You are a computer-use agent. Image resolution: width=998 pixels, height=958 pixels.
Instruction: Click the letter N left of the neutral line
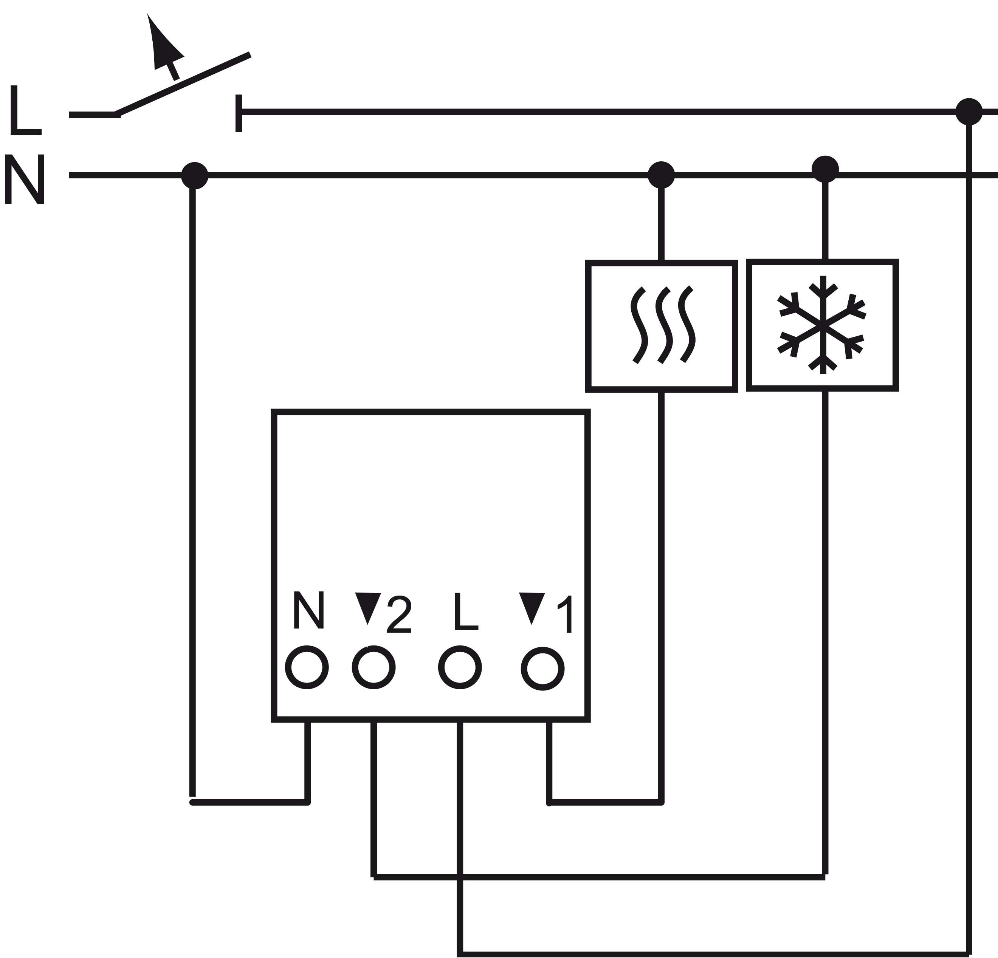pos(25,179)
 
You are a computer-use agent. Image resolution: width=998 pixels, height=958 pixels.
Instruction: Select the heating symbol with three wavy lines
pos(662,325)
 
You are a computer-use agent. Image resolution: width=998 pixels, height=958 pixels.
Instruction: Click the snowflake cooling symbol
pos(822,325)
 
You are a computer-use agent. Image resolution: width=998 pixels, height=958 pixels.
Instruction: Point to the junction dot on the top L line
pos(968,111)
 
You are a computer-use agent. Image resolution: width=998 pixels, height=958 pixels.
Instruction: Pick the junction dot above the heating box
pos(661,175)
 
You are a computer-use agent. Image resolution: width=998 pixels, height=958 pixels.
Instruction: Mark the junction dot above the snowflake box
pos(825,169)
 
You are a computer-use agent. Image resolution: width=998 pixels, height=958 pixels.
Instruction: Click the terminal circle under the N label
pos(307,667)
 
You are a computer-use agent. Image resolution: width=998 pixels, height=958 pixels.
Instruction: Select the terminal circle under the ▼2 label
pos(374,667)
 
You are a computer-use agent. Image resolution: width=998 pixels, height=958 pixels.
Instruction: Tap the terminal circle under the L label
pos(460,667)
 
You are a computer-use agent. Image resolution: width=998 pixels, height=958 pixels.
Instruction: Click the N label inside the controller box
pos(308,610)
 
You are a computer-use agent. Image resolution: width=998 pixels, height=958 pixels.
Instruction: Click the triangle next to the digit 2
pos(367,606)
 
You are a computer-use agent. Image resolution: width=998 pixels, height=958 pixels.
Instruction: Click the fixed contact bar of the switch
pos(238,113)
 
